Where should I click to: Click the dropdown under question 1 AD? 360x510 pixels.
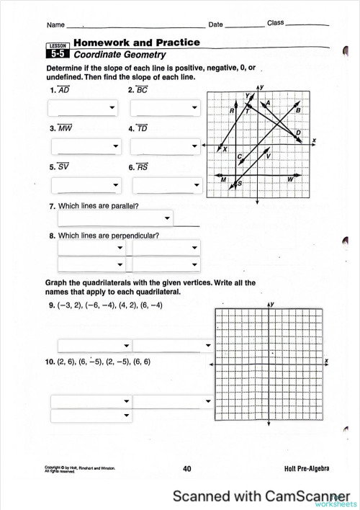83,108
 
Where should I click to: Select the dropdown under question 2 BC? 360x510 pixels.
166,108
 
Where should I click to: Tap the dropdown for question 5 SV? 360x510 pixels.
86,186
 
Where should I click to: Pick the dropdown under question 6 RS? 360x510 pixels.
166,186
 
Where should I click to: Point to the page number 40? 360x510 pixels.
187,469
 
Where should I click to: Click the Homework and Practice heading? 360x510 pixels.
136,42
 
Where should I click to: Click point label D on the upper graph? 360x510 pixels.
299,133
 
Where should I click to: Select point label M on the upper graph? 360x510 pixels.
224,179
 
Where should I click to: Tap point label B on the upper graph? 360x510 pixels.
298,109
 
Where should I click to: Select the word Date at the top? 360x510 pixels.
215,24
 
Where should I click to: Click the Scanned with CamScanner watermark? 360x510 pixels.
264,496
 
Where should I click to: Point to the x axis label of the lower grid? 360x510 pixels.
326,359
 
